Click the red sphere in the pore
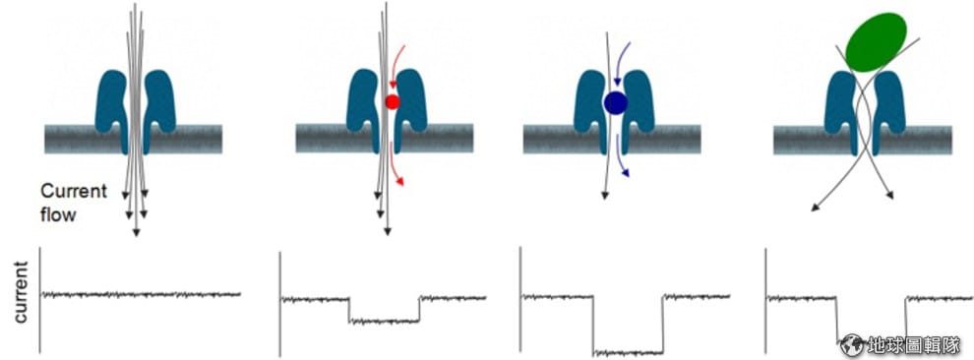pos(392,101)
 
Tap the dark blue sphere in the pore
pos(616,102)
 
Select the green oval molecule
pos(876,41)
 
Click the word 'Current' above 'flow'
pos(74,191)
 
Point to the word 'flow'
pos(58,214)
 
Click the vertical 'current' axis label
pos(21,292)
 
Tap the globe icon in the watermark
pos(852,345)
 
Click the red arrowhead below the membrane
pos(400,181)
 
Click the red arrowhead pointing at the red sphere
pos(392,85)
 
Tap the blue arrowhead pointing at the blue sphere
pos(618,82)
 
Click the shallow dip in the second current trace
pos(384,321)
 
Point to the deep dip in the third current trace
pos(628,352)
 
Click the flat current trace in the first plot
pos(141,294)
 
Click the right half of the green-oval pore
pos(887,112)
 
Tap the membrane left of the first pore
pos(71,139)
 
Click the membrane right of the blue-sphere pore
pos(676,139)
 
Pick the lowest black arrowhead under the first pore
pos(136,232)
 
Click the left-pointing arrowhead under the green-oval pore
pos(816,207)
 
